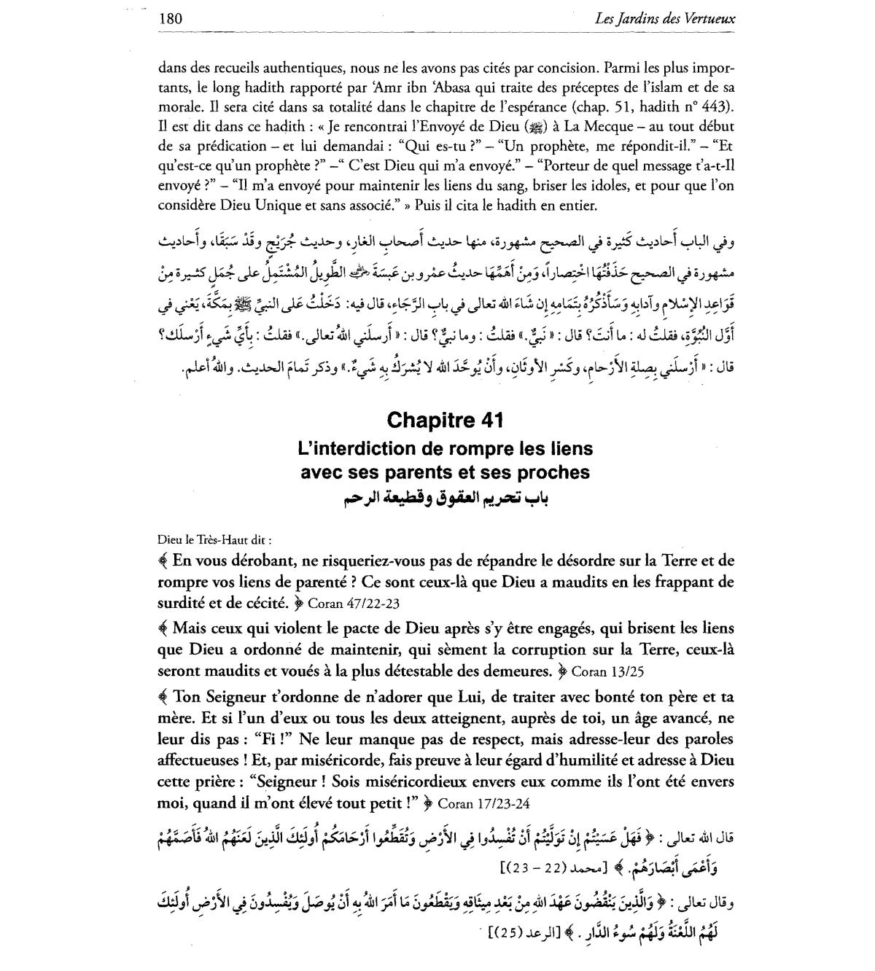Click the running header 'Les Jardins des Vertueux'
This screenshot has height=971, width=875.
(x=665, y=19)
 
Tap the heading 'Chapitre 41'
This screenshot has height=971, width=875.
(x=445, y=421)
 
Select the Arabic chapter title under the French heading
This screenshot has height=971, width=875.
(x=445, y=497)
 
